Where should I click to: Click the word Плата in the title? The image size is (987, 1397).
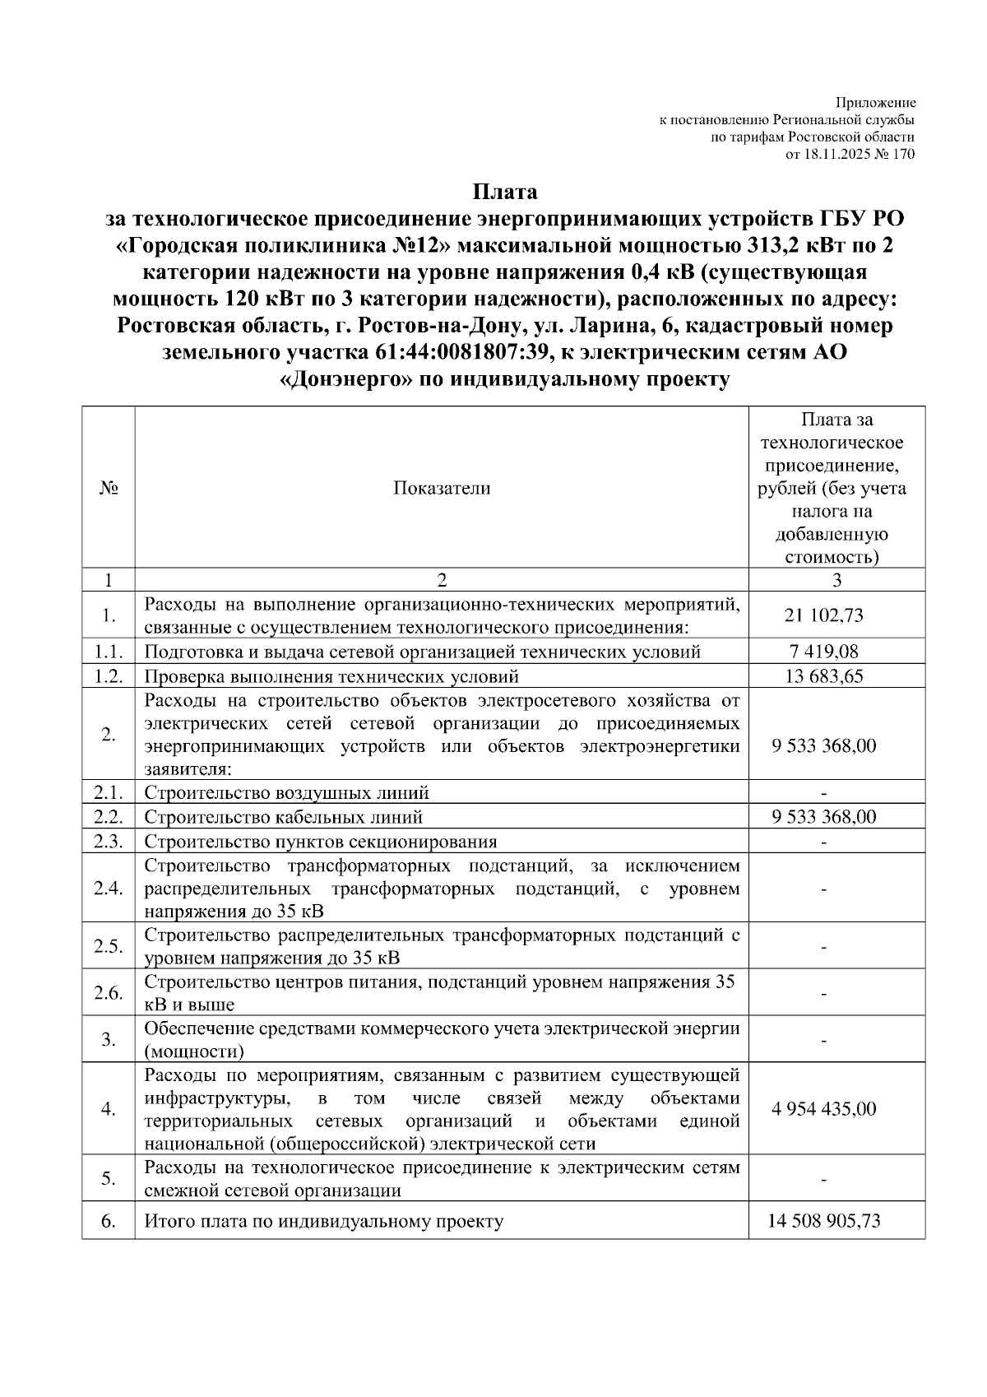[504, 193]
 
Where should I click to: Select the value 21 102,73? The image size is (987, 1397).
[823, 615]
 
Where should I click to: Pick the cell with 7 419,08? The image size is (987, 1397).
[823, 652]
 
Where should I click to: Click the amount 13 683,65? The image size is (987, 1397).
[823, 677]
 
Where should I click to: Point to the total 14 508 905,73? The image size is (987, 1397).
[823, 1221]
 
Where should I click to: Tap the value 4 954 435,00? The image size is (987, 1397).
[823, 1109]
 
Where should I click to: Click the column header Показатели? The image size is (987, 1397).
[441, 488]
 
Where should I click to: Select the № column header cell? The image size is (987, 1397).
[109, 488]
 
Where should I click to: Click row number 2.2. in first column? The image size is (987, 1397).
[109, 817]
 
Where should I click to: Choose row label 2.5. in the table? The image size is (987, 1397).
[109, 946]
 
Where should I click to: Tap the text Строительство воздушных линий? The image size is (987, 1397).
[287, 793]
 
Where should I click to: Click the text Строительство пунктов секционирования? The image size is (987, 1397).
[321, 842]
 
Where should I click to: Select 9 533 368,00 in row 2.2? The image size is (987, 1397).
[823, 817]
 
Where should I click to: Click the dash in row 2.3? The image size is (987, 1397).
[823, 842]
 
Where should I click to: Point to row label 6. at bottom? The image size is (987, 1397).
[109, 1221]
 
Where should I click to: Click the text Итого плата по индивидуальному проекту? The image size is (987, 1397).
[324, 1221]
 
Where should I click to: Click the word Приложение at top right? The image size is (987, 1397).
[876, 104]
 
